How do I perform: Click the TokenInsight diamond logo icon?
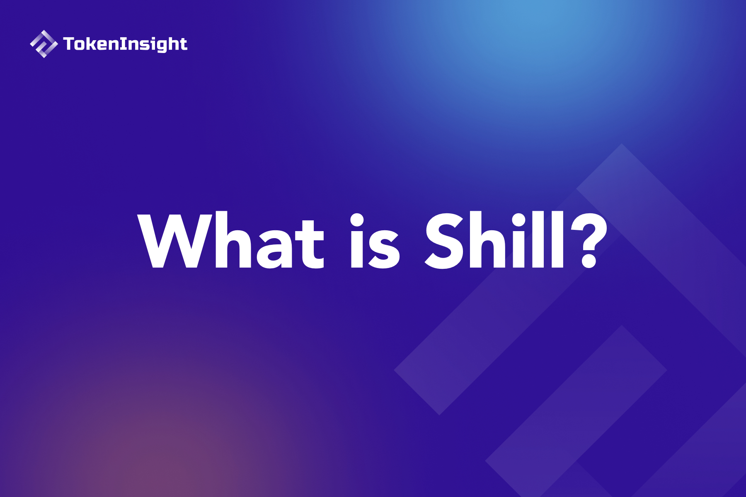44,44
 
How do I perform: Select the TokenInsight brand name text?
125,44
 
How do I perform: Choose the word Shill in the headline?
495,240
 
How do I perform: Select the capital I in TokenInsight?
123,43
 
